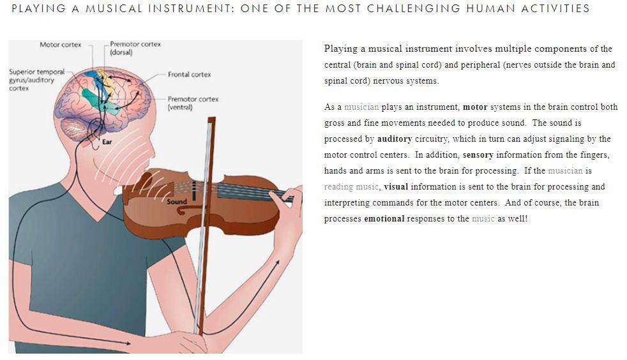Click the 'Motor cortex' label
[x=61, y=45]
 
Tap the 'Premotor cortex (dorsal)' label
[x=135, y=48]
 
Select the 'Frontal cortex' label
[x=189, y=74]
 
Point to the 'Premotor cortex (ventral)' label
[x=193, y=103]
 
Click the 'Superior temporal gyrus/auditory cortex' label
[x=37, y=80]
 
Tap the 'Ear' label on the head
[x=107, y=142]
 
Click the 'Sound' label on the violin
[x=177, y=202]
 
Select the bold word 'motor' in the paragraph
[x=475, y=107]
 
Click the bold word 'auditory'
[x=395, y=139]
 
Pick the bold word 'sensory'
[x=478, y=155]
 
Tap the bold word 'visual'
[x=396, y=186]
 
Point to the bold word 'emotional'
[x=384, y=218]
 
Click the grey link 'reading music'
[x=351, y=187]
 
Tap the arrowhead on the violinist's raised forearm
[x=276, y=263]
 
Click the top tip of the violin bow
[x=211, y=118]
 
